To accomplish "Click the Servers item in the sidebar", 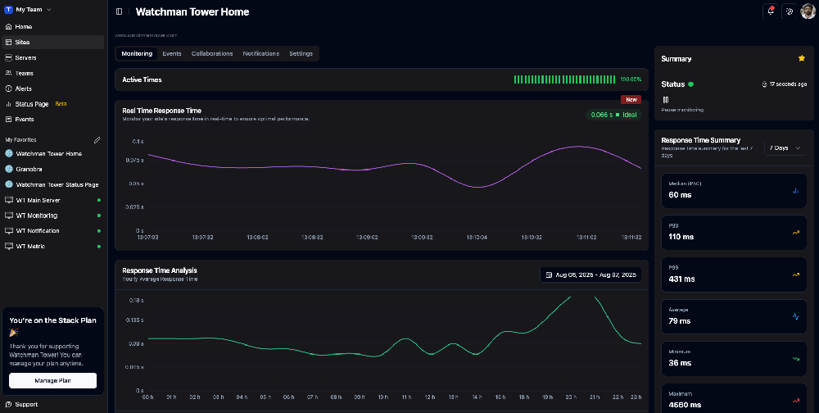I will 25,57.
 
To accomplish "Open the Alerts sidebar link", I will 24,88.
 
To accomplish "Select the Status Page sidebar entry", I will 32,104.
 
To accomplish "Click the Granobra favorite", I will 29,169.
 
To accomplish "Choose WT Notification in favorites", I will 38,231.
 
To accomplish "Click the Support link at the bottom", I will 26,404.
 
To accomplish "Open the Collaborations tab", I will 212,53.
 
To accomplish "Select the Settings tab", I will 301,53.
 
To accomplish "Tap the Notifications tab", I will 260,53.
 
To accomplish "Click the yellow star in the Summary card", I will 801,58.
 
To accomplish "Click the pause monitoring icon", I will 666,99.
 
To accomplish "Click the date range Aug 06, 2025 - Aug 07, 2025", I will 590,275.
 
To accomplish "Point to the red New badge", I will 631,99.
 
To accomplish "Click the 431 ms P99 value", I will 681,279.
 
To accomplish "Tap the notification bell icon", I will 771,11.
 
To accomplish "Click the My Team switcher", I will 33,9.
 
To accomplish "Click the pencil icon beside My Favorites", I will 97,140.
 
